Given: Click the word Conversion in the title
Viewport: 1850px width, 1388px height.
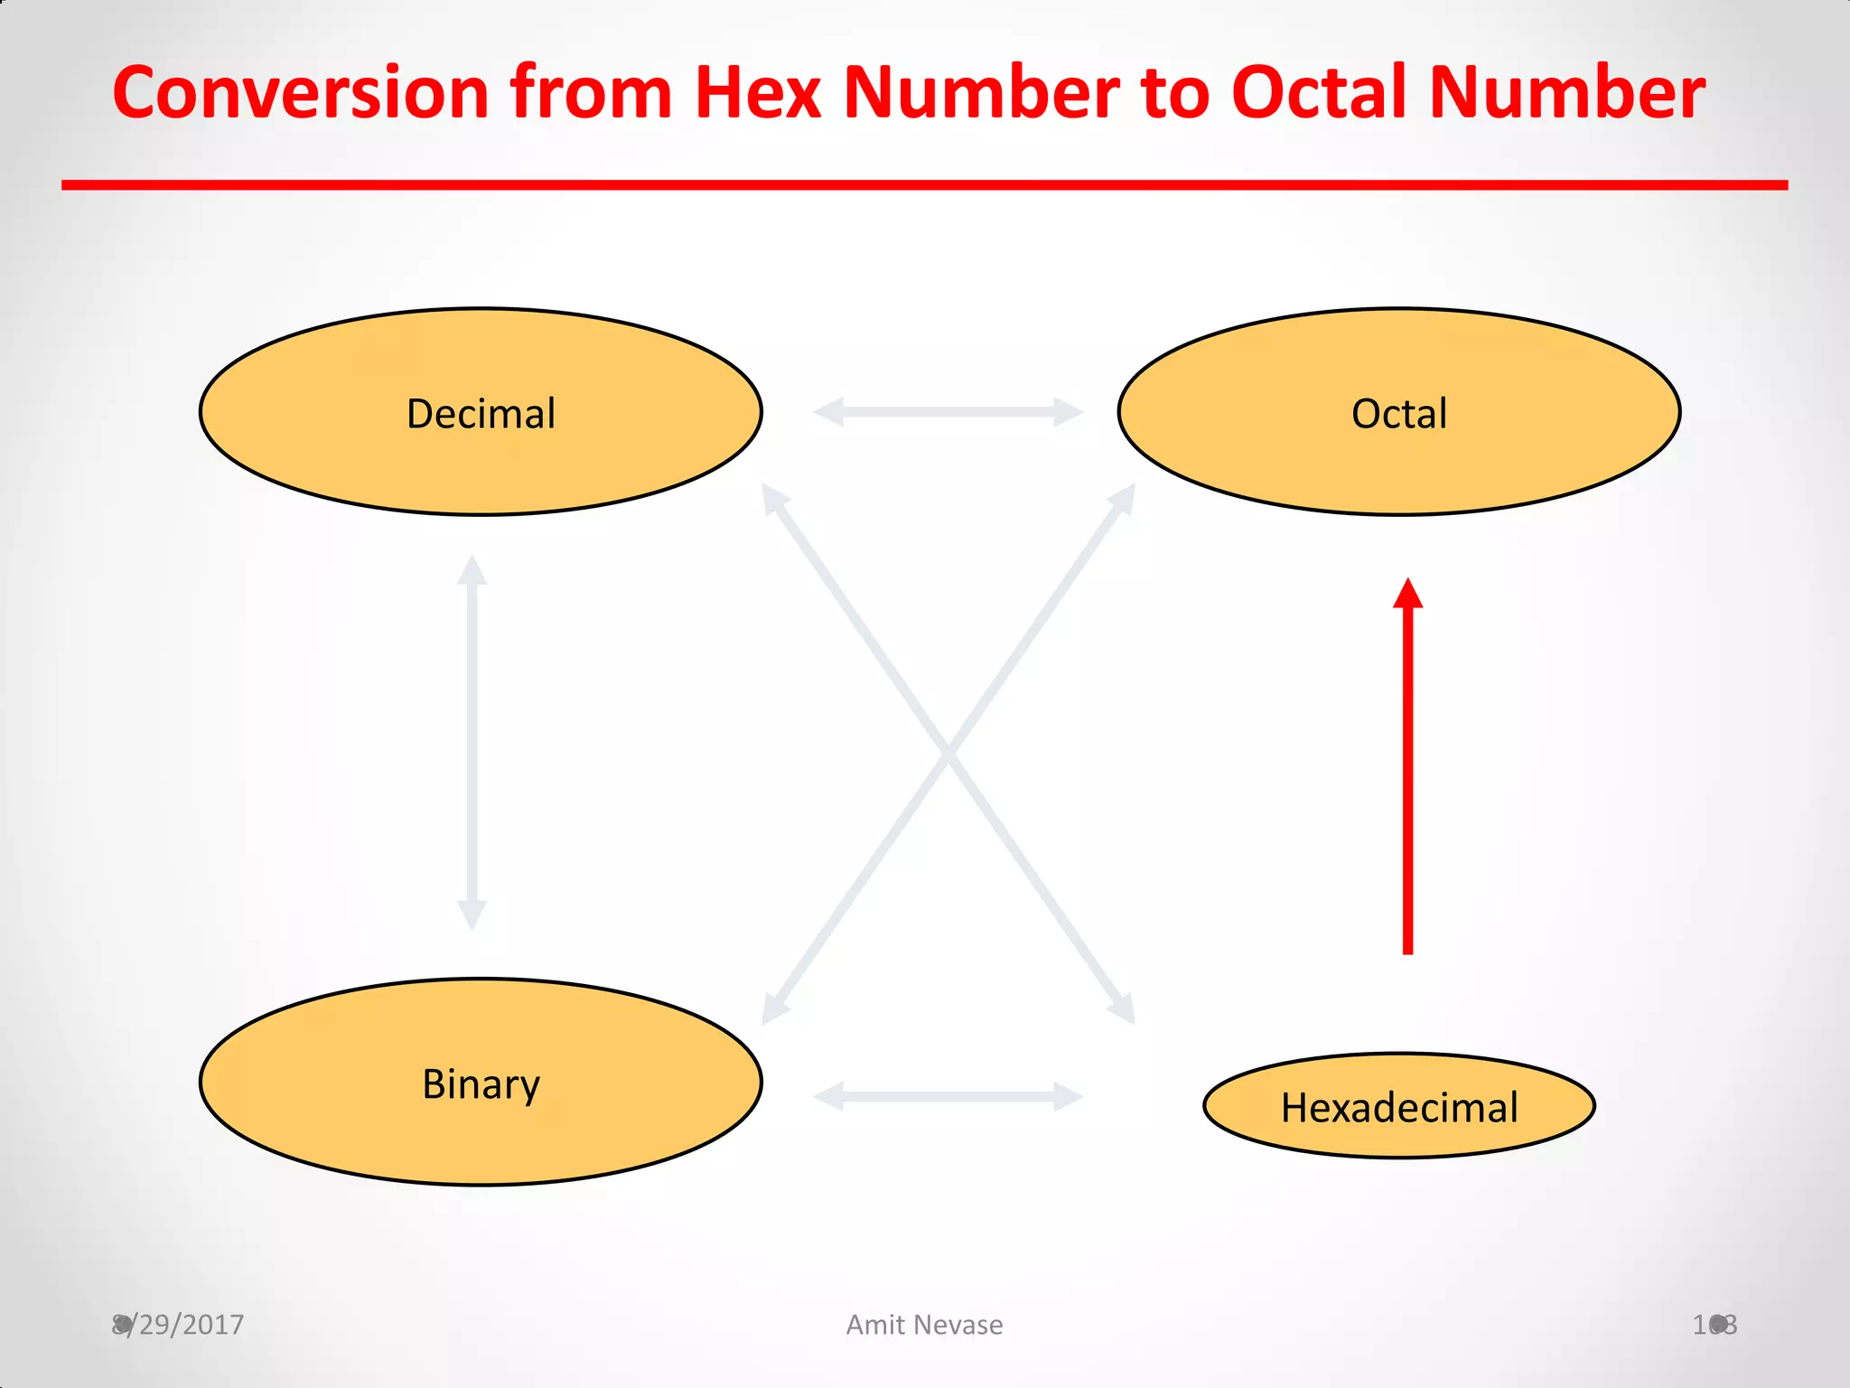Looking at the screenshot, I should pos(300,93).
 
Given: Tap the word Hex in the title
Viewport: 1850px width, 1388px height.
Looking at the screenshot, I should pos(757,93).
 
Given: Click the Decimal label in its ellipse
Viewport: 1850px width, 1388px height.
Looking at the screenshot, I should pos(481,414).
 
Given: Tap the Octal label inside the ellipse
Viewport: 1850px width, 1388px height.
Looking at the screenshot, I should pos(1398,414).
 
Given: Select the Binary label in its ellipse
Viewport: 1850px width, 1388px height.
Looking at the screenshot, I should pos(481,1083).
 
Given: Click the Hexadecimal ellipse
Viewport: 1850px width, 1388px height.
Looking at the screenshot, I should pos(1398,1107).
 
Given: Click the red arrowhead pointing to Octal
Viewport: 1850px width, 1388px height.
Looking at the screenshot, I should pos(1407,595).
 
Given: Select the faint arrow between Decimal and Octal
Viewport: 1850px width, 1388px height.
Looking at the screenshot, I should pos(948,411).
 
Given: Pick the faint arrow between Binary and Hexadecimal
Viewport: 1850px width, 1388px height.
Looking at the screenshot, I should pos(948,1096).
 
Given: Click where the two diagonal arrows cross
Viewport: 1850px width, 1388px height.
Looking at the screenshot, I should pos(948,753).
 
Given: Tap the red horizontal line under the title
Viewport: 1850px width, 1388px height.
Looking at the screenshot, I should pos(924,185).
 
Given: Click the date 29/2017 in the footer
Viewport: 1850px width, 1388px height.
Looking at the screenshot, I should pos(190,1325).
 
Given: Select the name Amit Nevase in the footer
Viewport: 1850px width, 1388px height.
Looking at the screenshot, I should pos(924,1325).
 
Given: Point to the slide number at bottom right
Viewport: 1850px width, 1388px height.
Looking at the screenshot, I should pos(1715,1325).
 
